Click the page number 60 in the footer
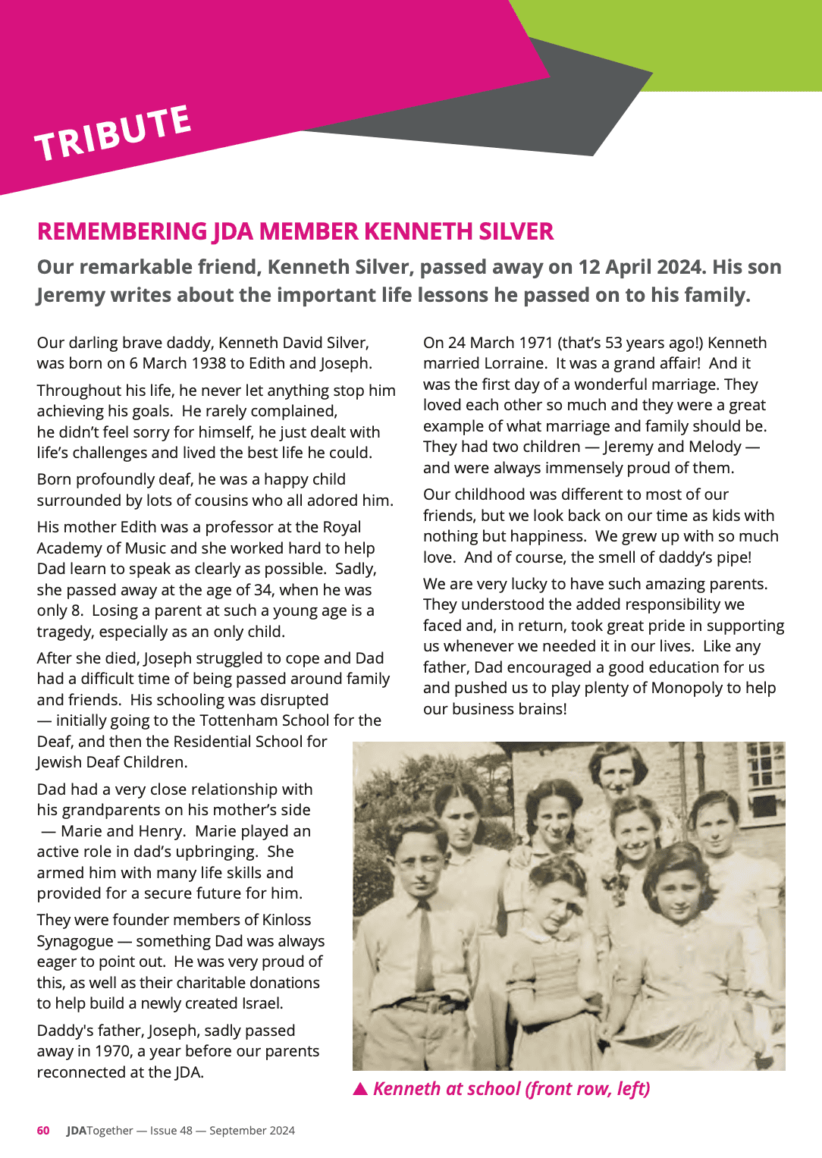[x=43, y=1131]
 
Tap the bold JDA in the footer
[x=77, y=1131]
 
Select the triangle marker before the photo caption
[x=360, y=1089]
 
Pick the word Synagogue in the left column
[x=75, y=941]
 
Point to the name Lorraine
[x=515, y=363]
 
